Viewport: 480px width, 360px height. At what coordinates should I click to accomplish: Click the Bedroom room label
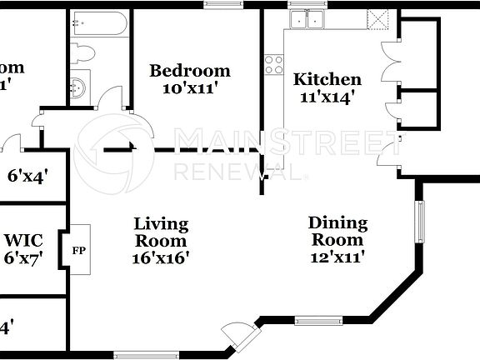point(189,71)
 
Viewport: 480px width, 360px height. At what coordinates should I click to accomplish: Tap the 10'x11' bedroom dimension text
point(189,88)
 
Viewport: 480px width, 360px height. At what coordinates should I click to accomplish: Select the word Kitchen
point(327,80)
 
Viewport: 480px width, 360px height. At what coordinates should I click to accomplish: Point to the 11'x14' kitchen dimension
point(327,97)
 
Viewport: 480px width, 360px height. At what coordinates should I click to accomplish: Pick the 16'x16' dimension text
point(162,257)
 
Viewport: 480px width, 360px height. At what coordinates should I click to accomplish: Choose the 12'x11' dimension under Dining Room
point(337,257)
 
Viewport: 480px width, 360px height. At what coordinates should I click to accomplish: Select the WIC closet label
point(23,241)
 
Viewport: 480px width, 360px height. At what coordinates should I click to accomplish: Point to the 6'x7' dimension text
point(23,257)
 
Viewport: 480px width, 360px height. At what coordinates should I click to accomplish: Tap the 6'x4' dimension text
point(27,176)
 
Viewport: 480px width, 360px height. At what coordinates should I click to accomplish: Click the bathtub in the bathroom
point(99,23)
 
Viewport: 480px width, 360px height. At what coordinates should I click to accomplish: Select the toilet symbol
point(82,53)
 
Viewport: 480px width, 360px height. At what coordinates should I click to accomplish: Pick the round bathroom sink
point(78,87)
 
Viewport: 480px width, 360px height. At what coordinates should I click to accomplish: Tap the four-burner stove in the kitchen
point(273,64)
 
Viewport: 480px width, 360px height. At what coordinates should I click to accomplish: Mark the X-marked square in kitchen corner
point(378,18)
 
